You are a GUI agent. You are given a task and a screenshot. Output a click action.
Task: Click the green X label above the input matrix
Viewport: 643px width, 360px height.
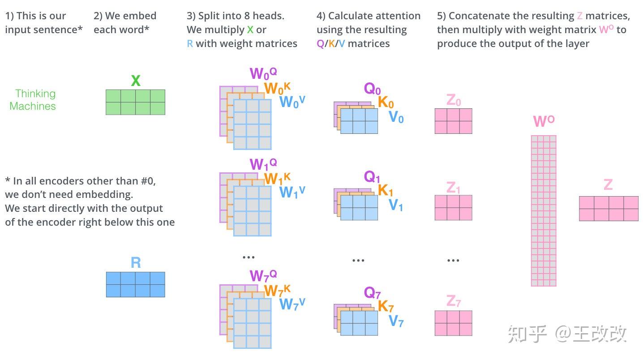point(135,81)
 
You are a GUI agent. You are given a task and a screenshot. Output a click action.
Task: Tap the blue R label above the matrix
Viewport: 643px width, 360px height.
point(135,263)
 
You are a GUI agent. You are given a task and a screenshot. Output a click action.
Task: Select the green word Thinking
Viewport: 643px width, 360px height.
point(35,94)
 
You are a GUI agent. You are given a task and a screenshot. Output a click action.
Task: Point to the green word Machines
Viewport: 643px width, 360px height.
point(33,106)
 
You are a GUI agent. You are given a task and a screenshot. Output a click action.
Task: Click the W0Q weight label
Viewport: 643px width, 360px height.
point(263,73)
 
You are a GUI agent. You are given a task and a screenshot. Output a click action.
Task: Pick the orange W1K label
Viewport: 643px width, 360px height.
point(277,179)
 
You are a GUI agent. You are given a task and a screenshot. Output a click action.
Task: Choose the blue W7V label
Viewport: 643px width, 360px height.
point(292,304)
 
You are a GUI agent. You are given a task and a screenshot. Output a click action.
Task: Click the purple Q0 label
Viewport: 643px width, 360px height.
point(372,89)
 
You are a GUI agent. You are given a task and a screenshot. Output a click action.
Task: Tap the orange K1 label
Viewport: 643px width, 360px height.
point(386,191)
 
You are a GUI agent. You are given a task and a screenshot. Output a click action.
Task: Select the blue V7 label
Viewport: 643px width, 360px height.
point(396,321)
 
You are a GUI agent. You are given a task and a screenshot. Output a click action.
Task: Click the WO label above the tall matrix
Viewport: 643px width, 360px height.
point(544,121)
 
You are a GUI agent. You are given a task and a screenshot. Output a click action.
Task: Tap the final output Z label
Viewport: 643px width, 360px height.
point(608,185)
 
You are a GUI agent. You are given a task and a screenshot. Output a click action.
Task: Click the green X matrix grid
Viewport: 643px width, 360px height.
point(135,102)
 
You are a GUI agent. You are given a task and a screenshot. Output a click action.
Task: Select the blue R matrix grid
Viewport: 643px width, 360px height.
point(135,284)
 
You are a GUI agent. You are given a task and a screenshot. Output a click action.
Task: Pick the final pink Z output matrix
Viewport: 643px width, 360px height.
point(609,209)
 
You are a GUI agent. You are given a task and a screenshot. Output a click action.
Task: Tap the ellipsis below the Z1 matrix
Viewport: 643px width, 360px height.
point(453,260)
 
